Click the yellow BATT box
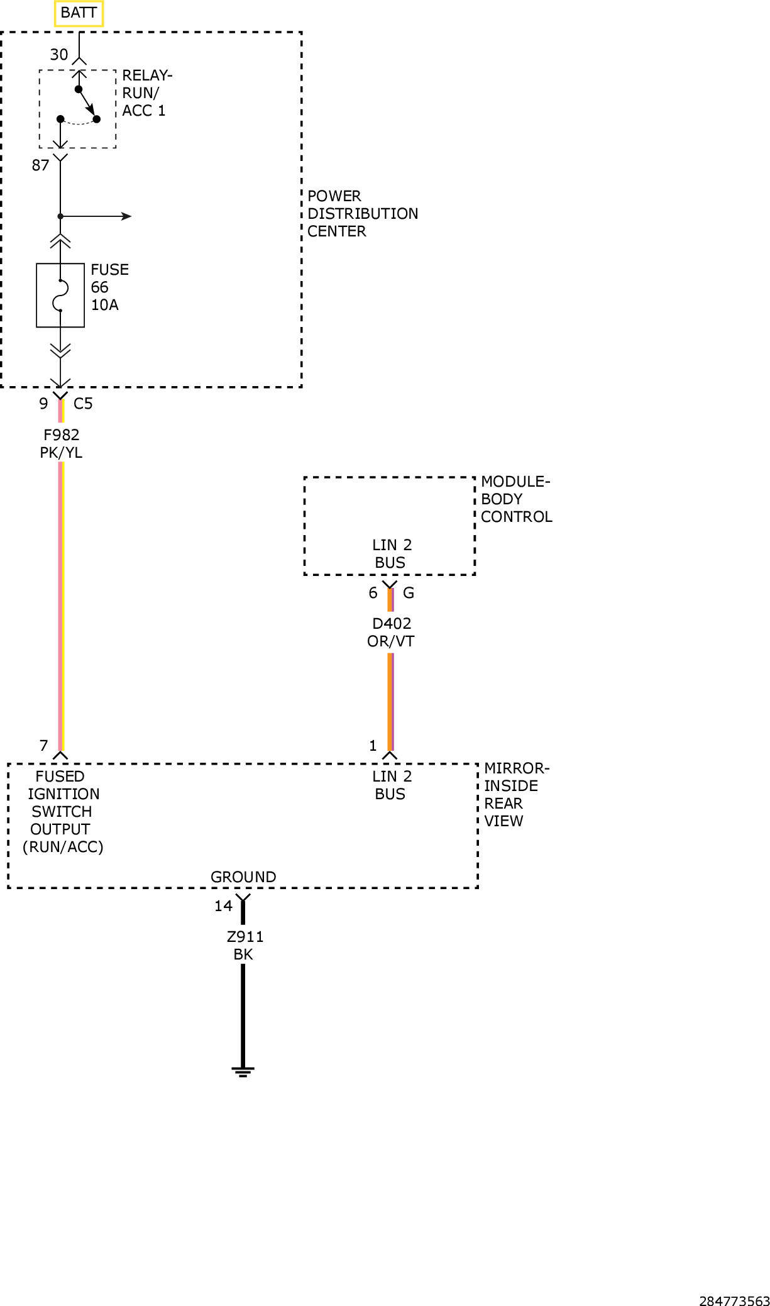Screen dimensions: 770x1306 tap(79, 13)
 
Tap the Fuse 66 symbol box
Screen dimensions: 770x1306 tap(60, 295)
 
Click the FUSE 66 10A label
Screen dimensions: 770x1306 tap(110, 287)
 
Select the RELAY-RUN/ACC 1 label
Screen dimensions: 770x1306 tap(147, 93)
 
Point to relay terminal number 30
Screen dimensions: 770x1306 tap(59, 55)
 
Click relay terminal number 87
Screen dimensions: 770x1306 tap(41, 165)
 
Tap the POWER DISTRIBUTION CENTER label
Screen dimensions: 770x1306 tap(363, 214)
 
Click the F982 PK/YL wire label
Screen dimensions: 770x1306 tap(61, 444)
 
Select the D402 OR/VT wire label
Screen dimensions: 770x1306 tap(391, 633)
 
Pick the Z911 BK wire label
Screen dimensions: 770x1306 tap(245, 946)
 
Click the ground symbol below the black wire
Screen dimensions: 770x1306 tap(243, 1071)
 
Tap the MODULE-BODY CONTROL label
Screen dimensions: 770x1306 tap(517, 499)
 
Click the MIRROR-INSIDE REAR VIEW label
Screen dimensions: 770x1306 tap(517, 795)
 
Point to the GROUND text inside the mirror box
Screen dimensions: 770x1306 tap(243, 877)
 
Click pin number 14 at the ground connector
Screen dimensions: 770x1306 tap(223, 906)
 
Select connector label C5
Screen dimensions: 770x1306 tap(83, 404)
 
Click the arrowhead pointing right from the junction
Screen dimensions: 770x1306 tap(126, 216)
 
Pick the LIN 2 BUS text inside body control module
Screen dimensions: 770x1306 tap(392, 554)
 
